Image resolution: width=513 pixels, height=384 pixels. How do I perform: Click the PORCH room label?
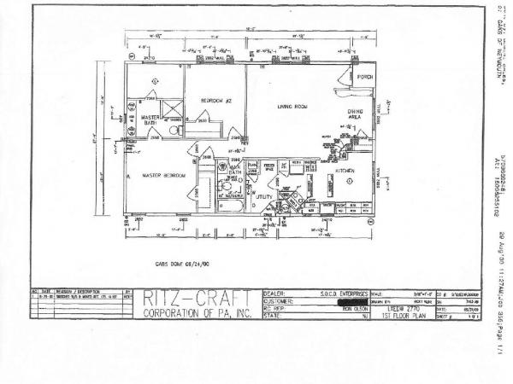point(365,77)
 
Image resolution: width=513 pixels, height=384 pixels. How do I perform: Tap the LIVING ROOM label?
point(292,107)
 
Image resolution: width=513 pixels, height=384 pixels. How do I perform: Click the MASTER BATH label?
point(150,120)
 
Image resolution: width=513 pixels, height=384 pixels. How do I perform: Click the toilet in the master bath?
point(170,132)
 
